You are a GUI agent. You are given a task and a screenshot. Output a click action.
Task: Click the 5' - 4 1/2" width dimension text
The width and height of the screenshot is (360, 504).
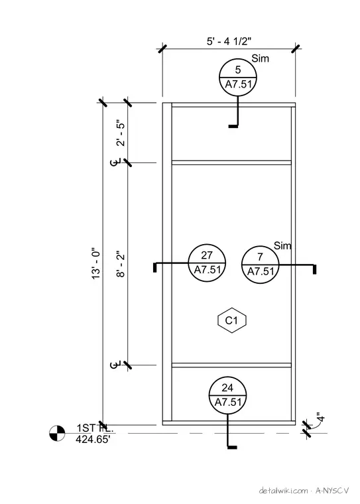pos(229,42)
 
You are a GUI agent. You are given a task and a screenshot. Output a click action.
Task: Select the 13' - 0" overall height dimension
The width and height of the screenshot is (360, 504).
pos(96,263)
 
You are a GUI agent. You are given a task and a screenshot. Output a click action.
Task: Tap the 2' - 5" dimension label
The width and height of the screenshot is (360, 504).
pos(121,133)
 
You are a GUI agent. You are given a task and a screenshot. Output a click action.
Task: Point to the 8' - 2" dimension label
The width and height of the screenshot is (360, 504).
pos(121,264)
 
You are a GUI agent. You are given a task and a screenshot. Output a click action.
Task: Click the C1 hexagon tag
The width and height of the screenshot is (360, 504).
pos(232,320)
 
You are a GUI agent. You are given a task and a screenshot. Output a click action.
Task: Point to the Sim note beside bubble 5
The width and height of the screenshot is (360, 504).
pos(260,58)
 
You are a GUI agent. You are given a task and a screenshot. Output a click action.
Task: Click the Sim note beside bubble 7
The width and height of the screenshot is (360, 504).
pos(282,246)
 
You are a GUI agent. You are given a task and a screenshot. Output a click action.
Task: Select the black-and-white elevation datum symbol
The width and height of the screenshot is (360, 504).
pos(57,433)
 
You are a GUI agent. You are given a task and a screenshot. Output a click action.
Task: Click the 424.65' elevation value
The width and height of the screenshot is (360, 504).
pos(93,439)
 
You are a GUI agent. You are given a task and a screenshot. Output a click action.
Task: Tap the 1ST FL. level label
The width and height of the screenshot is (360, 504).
pos(95,428)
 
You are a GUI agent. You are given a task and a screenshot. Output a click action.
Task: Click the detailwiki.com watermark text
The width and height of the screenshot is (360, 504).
pos(283,491)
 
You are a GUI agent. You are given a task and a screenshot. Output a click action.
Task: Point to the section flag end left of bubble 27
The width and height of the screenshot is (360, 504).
pos(155,268)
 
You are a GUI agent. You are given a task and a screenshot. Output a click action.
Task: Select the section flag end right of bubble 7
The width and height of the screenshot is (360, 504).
pos(314,269)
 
